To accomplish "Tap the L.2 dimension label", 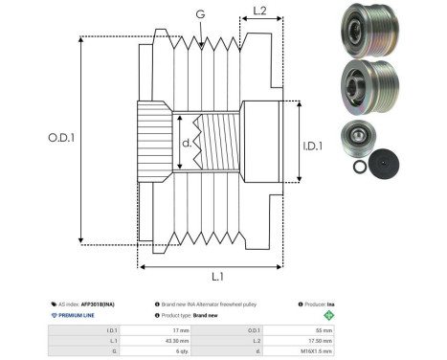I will pyautogui.click(x=253, y=11).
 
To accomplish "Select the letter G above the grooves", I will pyautogui.click(x=198, y=13).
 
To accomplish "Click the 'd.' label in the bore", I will pyautogui.click(x=188, y=145).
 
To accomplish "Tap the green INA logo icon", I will pyautogui.click(x=330, y=315).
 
